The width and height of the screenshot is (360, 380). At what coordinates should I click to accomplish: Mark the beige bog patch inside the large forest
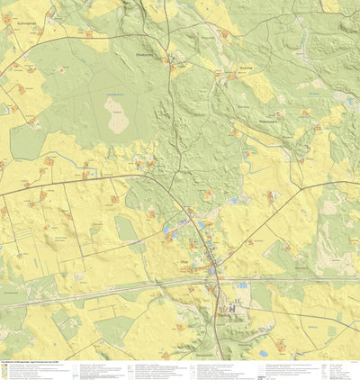(x=116, y=115)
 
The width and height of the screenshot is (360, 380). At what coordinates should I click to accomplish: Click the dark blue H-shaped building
(x=233, y=308)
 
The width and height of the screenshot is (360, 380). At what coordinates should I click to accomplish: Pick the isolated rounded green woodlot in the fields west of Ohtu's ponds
(x=126, y=230)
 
